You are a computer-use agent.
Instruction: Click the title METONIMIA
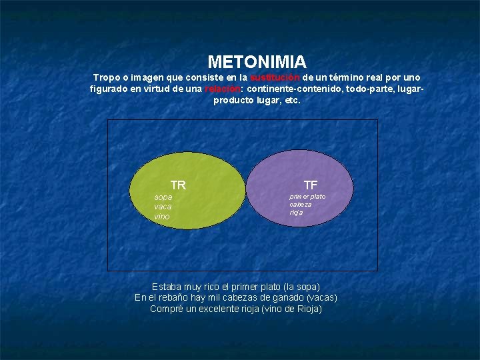(257, 62)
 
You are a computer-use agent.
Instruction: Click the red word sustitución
(275, 78)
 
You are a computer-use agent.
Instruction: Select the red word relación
(223, 89)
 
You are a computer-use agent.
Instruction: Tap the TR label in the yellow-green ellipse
(178, 185)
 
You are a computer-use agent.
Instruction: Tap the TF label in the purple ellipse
(310, 185)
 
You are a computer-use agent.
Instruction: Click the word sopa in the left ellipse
(163, 197)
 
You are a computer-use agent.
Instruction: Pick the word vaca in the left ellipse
(163, 207)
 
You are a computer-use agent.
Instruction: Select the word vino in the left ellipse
(162, 217)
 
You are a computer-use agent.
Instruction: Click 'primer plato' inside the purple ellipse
(307, 197)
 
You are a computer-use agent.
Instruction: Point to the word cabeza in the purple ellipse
(300, 205)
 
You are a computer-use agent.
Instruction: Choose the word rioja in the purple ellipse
(296, 213)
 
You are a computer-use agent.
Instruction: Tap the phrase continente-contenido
(291, 89)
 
